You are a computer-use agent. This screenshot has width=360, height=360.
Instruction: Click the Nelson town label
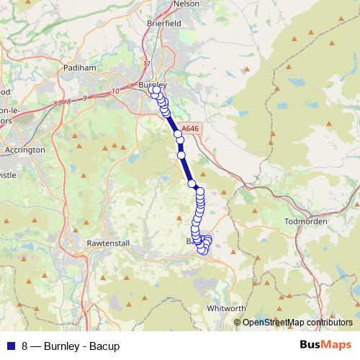[186, 4]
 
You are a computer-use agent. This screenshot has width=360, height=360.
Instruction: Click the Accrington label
[26, 150]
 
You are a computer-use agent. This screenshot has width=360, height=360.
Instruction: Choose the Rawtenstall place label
[107, 243]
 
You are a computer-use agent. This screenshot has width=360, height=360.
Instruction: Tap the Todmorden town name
[306, 221]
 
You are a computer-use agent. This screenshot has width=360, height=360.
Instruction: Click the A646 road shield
[189, 129]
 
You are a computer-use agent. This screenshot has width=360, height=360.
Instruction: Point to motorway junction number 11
[147, 64]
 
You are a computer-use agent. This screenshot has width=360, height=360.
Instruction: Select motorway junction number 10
[115, 91]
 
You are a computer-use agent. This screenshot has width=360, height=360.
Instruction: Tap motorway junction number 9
[84, 97]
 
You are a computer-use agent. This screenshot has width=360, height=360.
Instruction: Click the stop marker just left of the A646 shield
[177, 134]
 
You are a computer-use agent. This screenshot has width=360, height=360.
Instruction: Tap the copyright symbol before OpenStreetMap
[238, 323]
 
